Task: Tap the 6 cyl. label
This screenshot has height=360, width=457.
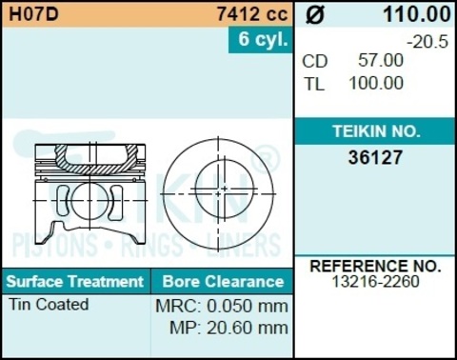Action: point(260,40)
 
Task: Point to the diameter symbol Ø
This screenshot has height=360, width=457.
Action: point(317,14)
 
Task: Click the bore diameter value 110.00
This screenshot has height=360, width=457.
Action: point(416,14)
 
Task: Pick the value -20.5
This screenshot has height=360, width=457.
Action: point(427,42)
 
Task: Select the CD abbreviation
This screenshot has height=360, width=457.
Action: point(315,61)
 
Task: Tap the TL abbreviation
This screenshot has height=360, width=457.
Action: point(314,83)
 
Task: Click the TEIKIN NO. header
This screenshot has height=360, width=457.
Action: point(375,131)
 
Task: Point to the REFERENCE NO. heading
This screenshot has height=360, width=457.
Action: point(375,266)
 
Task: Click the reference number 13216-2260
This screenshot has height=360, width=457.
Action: point(375,282)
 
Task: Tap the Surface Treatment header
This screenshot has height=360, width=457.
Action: point(74,282)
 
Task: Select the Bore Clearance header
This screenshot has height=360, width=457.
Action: point(223,282)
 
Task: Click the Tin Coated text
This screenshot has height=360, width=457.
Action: point(49,305)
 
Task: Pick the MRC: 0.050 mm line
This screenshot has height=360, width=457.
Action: point(221,307)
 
